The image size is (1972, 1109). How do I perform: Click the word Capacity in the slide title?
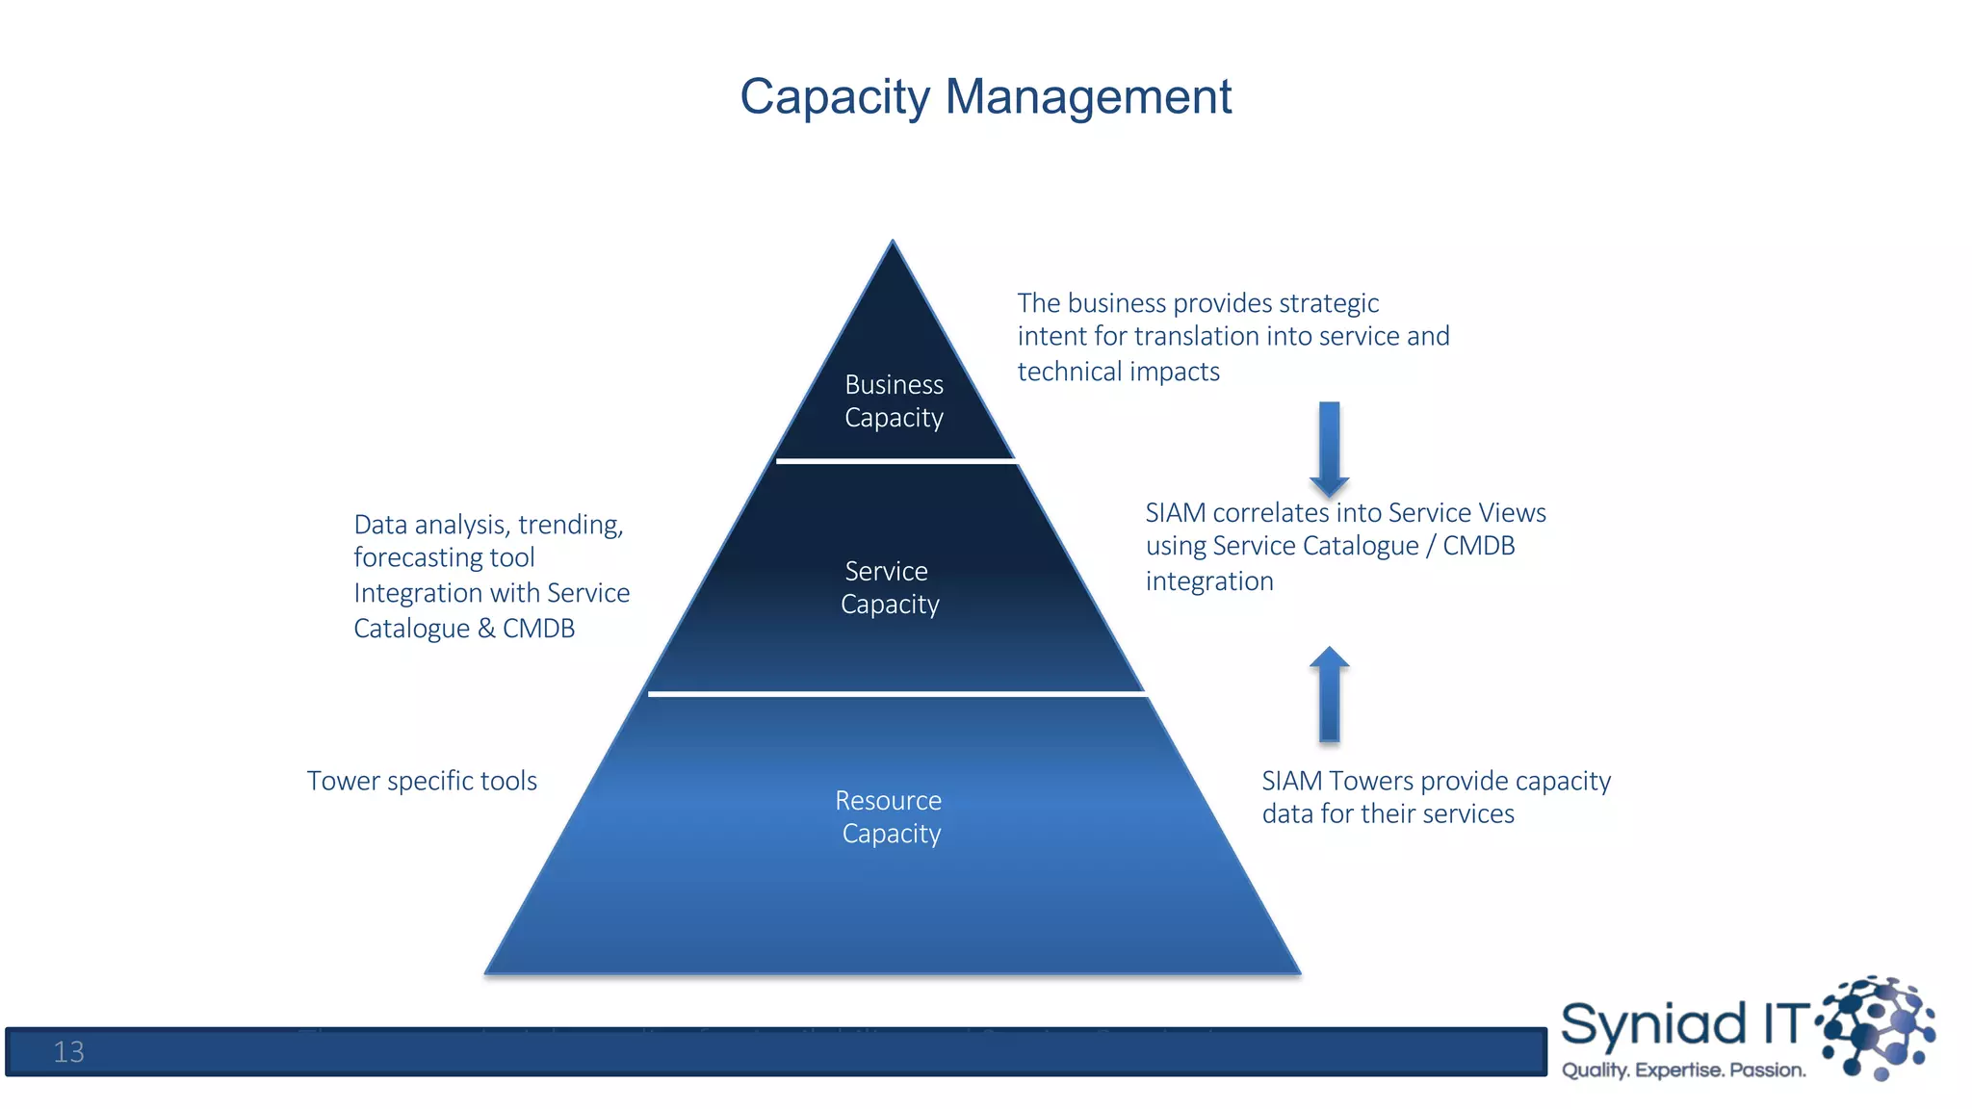click(x=835, y=98)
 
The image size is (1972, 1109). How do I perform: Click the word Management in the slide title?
click(x=1088, y=96)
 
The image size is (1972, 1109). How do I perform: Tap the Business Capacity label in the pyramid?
click(x=894, y=400)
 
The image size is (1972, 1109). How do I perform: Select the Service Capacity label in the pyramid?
click(x=889, y=587)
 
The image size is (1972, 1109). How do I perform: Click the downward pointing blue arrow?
click(x=1329, y=448)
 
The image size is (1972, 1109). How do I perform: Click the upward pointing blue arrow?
click(x=1329, y=693)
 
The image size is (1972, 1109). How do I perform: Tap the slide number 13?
click(x=68, y=1052)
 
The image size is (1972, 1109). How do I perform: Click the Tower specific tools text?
click(x=422, y=781)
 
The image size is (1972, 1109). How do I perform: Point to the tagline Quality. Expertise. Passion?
click(x=1683, y=1070)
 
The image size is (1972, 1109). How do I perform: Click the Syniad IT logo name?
click(x=1685, y=1023)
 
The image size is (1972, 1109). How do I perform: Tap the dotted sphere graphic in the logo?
click(x=1878, y=1025)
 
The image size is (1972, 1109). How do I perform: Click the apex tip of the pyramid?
click(x=893, y=244)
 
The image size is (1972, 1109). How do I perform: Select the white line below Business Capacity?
click(x=895, y=461)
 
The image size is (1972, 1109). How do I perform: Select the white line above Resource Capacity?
click(x=895, y=693)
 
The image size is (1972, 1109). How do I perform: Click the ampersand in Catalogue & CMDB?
click(x=486, y=629)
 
